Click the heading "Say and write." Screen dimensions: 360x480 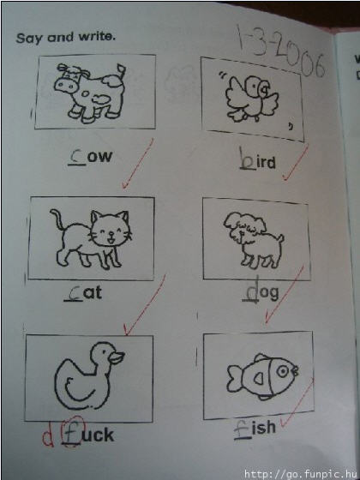[x=66, y=38]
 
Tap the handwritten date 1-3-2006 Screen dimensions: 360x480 [x=280, y=52]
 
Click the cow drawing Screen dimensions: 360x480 [x=90, y=93]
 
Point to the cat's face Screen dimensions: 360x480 [x=111, y=230]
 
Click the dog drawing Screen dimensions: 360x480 [x=254, y=241]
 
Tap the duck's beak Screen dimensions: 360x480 [x=117, y=357]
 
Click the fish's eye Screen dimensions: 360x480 [x=283, y=372]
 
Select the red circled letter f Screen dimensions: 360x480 [x=72, y=433]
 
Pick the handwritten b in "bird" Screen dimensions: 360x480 [x=246, y=159]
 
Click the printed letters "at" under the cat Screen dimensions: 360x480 [x=93, y=293]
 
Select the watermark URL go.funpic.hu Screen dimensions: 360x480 [x=301, y=474]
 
